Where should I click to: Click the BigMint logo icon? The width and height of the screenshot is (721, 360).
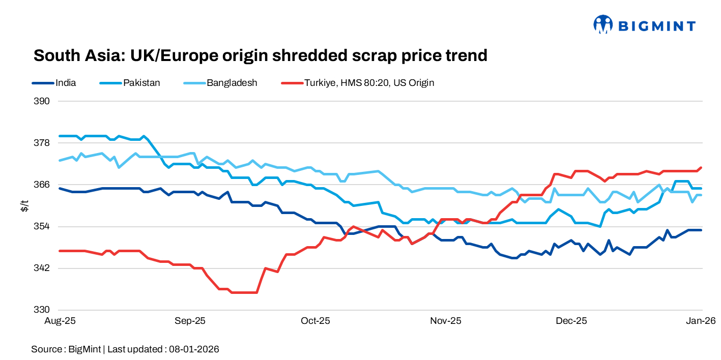pos(603,24)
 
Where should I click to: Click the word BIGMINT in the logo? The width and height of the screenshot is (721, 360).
pos(656,25)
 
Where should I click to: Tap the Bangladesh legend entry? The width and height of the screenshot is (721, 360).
pos(232,82)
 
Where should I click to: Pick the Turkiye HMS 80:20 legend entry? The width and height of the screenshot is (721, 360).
pos(369,82)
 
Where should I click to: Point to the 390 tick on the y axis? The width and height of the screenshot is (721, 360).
pos(43,101)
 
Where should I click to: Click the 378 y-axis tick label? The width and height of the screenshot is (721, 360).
pos(43,143)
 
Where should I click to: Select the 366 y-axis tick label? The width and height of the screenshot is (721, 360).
pos(43,185)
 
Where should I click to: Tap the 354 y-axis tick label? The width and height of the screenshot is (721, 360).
pos(43,226)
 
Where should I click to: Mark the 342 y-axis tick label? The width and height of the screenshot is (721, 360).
pos(43,268)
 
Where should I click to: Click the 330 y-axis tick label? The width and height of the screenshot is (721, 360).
pos(43,310)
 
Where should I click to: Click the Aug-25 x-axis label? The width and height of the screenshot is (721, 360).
pos(60,321)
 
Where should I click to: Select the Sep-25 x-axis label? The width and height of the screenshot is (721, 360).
pos(190,321)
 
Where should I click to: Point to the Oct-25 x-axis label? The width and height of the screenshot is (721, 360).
pos(315,321)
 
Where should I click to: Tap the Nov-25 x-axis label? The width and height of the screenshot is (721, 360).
pos(445,321)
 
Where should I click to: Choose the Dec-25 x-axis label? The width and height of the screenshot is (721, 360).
pos(571,321)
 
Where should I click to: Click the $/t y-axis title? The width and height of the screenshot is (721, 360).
pos(24,205)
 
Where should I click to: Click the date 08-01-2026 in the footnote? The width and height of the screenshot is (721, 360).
pos(194,349)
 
